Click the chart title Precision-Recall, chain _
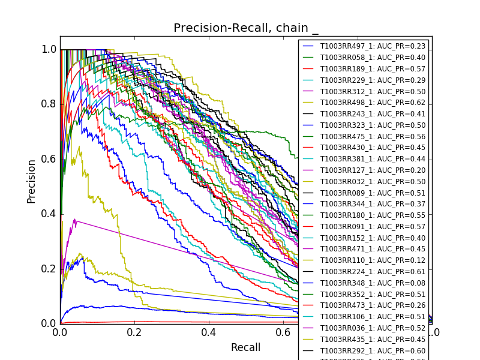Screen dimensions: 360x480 pyautogui.click(x=246, y=28)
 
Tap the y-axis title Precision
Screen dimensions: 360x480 pyautogui.click(x=31, y=181)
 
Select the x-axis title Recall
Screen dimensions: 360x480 pyautogui.click(x=246, y=347)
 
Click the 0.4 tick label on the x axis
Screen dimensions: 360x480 pyautogui.click(x=209, y=332)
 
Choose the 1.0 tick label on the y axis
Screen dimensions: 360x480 pyautogui.click(x=49, y=50)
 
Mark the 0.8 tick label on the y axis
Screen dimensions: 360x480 pyautogui.click(x=49, y=104)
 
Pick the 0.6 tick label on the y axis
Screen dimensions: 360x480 pyautogui.click(x=49, y=159)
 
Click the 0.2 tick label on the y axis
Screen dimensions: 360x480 pyautogui.click(x=49, y=269)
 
